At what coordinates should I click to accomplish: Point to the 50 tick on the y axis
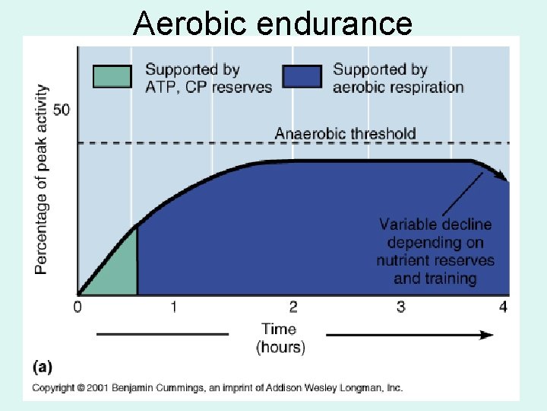pyautogui.click(x=62, y=110)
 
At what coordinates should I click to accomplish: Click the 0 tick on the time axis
pyautogui.click(x=77, y=307)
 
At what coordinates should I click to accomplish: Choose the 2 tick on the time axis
pyautogui.click(x=293, y=307)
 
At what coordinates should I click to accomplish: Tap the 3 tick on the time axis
pyautogui.click(x=401, y=307)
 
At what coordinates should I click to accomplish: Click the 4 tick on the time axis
pyautogui.click(x=502, y=307)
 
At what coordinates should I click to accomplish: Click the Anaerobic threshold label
pyautogui.click(x=345, y=134)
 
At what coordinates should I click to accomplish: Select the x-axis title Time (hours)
pyautogui.click(x=280, y=338)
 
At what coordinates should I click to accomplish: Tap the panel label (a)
pyautogui.click(x=43, y=367)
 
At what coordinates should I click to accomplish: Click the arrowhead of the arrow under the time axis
pyautogui.click(x=486, y=334)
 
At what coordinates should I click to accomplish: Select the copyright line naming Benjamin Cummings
pyautogui.click(x=217, y=388)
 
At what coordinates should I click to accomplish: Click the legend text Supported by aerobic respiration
pyautogui.click(x=398, y=78)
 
